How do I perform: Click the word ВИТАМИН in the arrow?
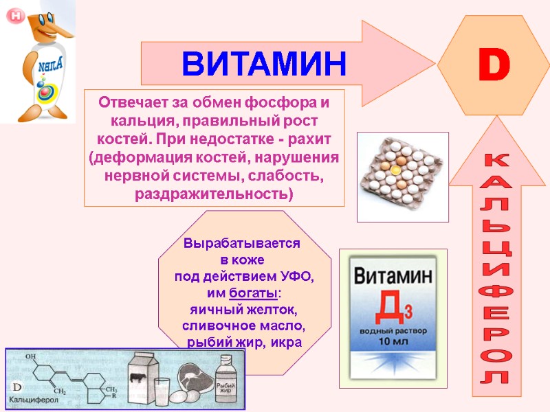[264, 63]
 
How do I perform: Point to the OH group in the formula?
[30, 357]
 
